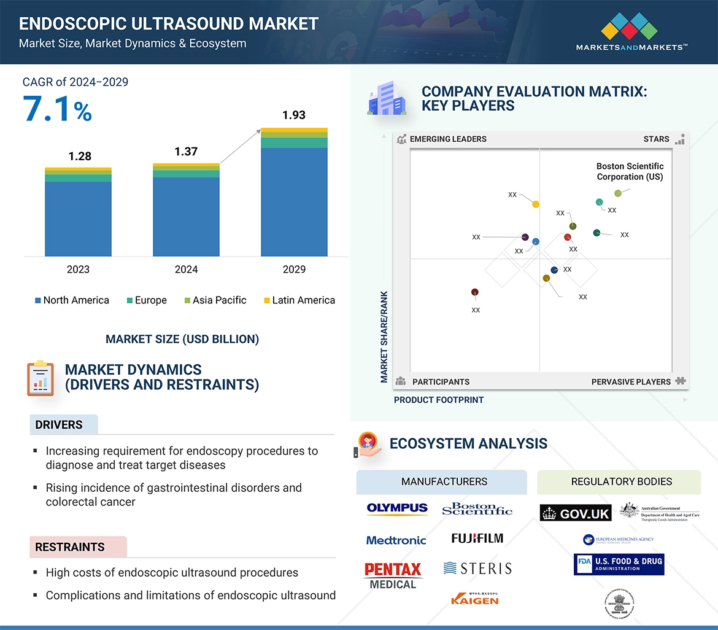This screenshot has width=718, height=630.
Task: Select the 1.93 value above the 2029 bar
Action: (x=293, y=115)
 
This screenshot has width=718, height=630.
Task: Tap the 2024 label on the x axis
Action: (x=186, y=269)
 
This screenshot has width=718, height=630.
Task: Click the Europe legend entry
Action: (x=147, y=300)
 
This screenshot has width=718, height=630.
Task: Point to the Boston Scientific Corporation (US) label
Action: (x=630, y=171)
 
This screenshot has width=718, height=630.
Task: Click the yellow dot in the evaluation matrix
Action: (x=536, y=204)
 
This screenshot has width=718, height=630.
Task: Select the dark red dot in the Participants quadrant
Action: (x=474, y=292)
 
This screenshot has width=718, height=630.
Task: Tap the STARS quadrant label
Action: (x=656, y=139)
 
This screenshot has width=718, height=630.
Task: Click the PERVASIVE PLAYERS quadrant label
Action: (x=631, y=382)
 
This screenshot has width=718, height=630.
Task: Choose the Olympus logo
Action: (x=397, y=508)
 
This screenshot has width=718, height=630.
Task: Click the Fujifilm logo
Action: (x=477, y=539)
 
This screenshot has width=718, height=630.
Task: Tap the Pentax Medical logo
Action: (x=393, y=575)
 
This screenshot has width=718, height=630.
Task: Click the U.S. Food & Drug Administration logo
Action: (x=619, y=564)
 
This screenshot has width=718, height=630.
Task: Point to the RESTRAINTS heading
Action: (x=70, y=547)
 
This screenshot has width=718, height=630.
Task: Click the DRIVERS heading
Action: (x=59, y=425)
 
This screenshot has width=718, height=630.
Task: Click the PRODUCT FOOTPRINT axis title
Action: (x=439, y=400)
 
